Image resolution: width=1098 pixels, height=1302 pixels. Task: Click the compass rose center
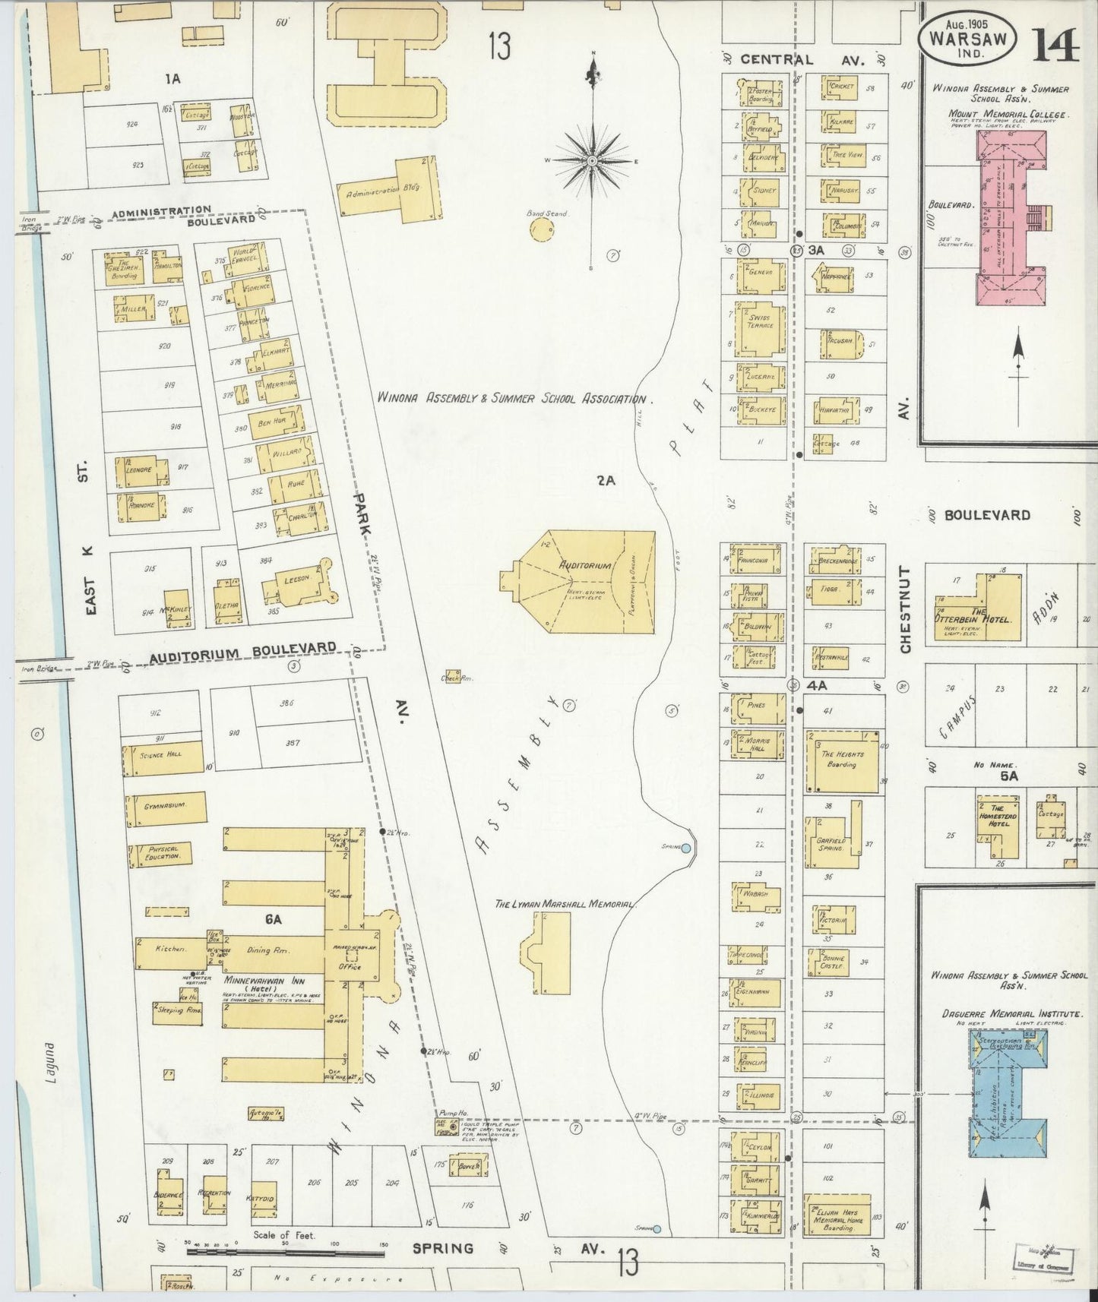pyautogui.click(x=592, y=161)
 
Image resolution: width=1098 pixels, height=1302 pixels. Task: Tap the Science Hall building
pyautogui.click(x=162, y=756)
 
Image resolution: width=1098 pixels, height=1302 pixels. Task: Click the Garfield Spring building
pyautogui.click(x=833, y=842)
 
